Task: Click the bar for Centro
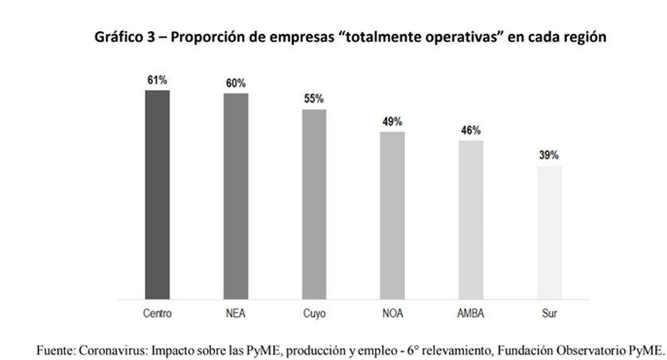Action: coord(157,194)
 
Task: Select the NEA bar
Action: coord(236,196)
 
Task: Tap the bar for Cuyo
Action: coord(314,204)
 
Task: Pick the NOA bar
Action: coord(392,215)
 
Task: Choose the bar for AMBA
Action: coord(470,220)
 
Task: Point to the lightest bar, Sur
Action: coord(549,233)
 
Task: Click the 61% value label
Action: coord(157,80)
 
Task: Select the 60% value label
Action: coord(236,84)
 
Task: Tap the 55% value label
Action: coord(314,100)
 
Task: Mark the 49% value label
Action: coord(392,122)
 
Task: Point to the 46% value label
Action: coord(470,131)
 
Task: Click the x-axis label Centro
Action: coord(157,314)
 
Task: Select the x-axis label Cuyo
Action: coord(314,314)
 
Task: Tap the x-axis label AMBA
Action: coord(470,314)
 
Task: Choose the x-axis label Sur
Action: coord(549,314)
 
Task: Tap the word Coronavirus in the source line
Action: coord(115,348)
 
